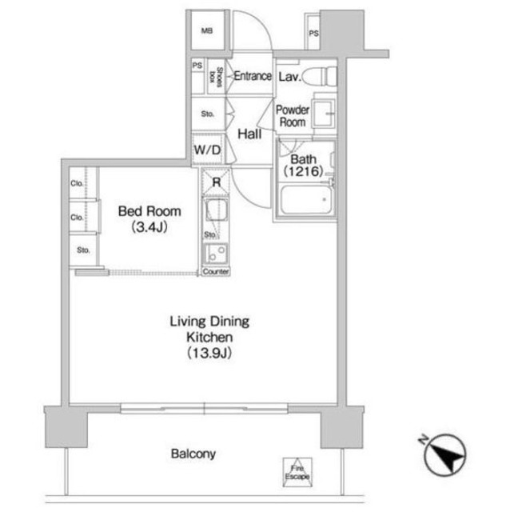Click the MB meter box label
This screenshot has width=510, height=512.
(207, 31)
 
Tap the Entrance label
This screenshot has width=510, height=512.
(253, 76)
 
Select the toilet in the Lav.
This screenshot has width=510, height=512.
(320, 77)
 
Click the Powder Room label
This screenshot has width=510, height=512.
(293, 116)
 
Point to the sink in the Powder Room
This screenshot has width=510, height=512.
(324, 114)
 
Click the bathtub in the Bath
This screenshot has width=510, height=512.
(306, 200)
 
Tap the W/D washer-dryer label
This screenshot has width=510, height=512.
(207, 150)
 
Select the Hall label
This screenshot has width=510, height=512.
(249, 134)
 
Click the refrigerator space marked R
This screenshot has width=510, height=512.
(216, 182)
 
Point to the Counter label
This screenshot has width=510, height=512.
(216, 271)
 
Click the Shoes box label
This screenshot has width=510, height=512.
(216, 77)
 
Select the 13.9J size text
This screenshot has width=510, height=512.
(209, 353)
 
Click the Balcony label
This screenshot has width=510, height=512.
(193, 454)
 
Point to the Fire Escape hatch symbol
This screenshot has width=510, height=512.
(297, 473)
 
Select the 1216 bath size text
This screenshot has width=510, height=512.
(304, 170)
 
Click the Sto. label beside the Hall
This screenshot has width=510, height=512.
(208, 114)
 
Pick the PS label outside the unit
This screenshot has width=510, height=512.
(313, 34)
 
